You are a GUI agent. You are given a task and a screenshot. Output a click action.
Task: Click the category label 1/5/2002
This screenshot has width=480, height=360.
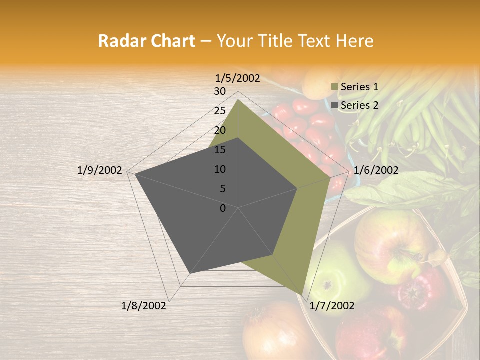tap(238, 78)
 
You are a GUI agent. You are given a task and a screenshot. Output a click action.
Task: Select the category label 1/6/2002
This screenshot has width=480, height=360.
tap(376, 171)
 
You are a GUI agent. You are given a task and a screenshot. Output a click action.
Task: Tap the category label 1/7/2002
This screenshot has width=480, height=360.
tap(332, 306)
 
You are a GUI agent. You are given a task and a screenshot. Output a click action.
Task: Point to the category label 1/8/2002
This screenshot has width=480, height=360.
tap(144, 306)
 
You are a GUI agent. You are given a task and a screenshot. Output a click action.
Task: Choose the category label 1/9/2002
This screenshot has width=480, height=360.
tap(100, 171)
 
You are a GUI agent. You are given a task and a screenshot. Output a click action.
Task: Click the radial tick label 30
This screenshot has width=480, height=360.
tap(220, 91)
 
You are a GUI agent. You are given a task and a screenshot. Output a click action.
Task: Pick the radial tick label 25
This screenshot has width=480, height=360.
tap(220, 111)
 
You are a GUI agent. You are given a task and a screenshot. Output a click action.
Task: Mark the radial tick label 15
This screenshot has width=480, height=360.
tap(220, 150)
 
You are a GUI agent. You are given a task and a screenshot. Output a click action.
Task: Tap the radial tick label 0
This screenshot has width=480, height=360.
tap(223, 208)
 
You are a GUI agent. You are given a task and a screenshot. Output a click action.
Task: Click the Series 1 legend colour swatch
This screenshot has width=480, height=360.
tap(334, 87)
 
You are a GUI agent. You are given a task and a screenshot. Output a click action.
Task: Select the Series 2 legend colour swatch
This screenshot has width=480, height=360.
tap(334, 105)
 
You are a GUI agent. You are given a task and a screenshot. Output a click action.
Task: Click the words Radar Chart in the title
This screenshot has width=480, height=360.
tap(146, 41)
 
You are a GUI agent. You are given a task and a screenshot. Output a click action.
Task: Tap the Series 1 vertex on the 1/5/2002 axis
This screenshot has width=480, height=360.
tap(238, 99)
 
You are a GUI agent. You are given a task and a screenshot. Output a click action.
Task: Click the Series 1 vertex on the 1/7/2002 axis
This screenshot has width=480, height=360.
tap(302, 295)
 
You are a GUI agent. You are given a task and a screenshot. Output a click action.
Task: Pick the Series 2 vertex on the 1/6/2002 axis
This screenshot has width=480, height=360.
tap(297, 188)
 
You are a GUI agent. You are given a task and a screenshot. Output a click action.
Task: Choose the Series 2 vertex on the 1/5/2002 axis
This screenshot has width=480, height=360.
tap(238, 138)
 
